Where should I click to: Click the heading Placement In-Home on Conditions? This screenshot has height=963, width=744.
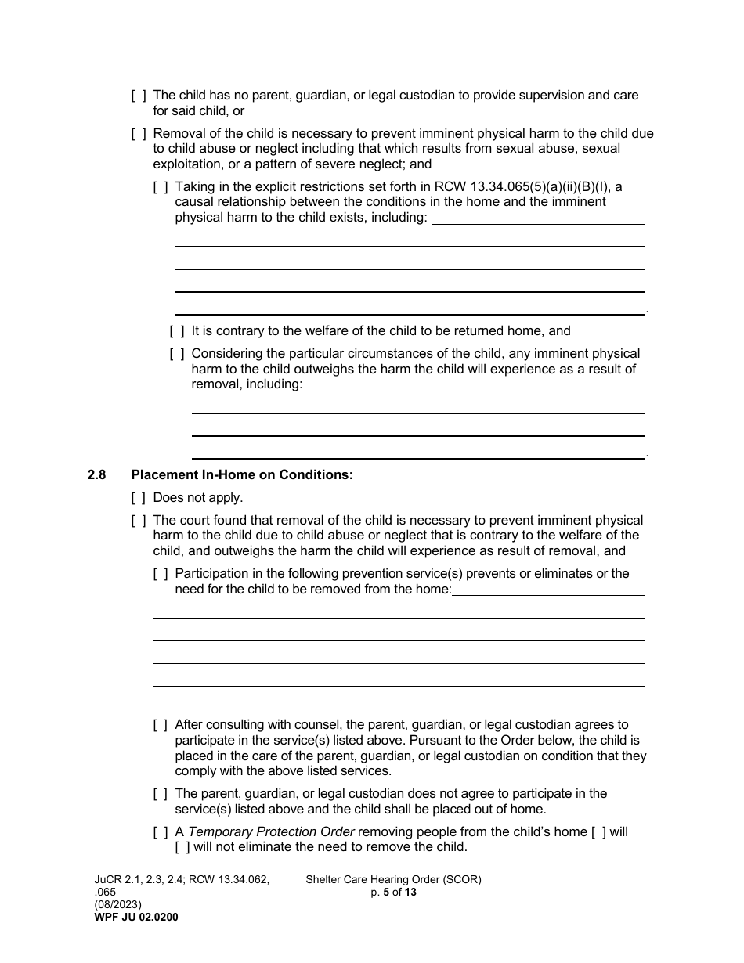click(242, 474)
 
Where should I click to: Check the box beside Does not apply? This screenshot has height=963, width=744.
click(139, 498)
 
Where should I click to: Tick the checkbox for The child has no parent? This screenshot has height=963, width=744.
click(139, 96)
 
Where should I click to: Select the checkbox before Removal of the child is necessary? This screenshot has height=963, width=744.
click(139, 134)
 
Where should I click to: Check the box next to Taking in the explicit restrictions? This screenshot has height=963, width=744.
click(161, 187)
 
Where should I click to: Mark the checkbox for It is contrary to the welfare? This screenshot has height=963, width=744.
click(177, 331)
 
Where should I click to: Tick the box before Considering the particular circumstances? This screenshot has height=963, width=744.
click(177, 354)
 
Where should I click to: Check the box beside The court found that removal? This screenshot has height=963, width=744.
click(139, 521)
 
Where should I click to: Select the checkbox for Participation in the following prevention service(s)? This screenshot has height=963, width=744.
click(161, 574)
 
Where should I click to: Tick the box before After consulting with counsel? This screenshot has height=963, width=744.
click(161, 725)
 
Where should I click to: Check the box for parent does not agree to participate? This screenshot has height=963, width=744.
click(161, 794)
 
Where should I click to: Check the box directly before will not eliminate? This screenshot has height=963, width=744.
click(182, 847)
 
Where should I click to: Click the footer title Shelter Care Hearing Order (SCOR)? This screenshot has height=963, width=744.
click(393, 880)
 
